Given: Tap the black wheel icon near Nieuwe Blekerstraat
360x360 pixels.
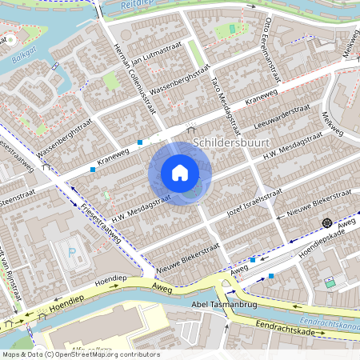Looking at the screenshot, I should [x=327, y=222].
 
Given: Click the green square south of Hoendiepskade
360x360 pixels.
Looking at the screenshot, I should [x=330, y=283].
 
